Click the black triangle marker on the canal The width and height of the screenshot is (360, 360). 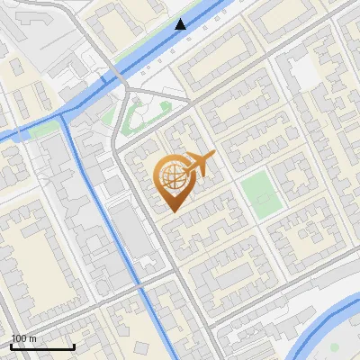[181, 24]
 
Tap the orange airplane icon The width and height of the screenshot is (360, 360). [200, 165]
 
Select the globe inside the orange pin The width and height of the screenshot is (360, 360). [169, 177]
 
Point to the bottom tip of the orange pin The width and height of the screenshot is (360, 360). [170, 212]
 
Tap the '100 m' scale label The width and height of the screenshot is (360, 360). [24, 338]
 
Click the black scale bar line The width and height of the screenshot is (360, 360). [42, 346]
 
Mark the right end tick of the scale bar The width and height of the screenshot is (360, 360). [74, 346]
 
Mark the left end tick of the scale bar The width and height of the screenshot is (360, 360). [11, 346]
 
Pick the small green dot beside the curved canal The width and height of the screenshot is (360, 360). [335, 346]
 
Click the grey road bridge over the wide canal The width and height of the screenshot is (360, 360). [118, 77]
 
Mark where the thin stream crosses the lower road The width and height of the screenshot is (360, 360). [144, 293]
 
